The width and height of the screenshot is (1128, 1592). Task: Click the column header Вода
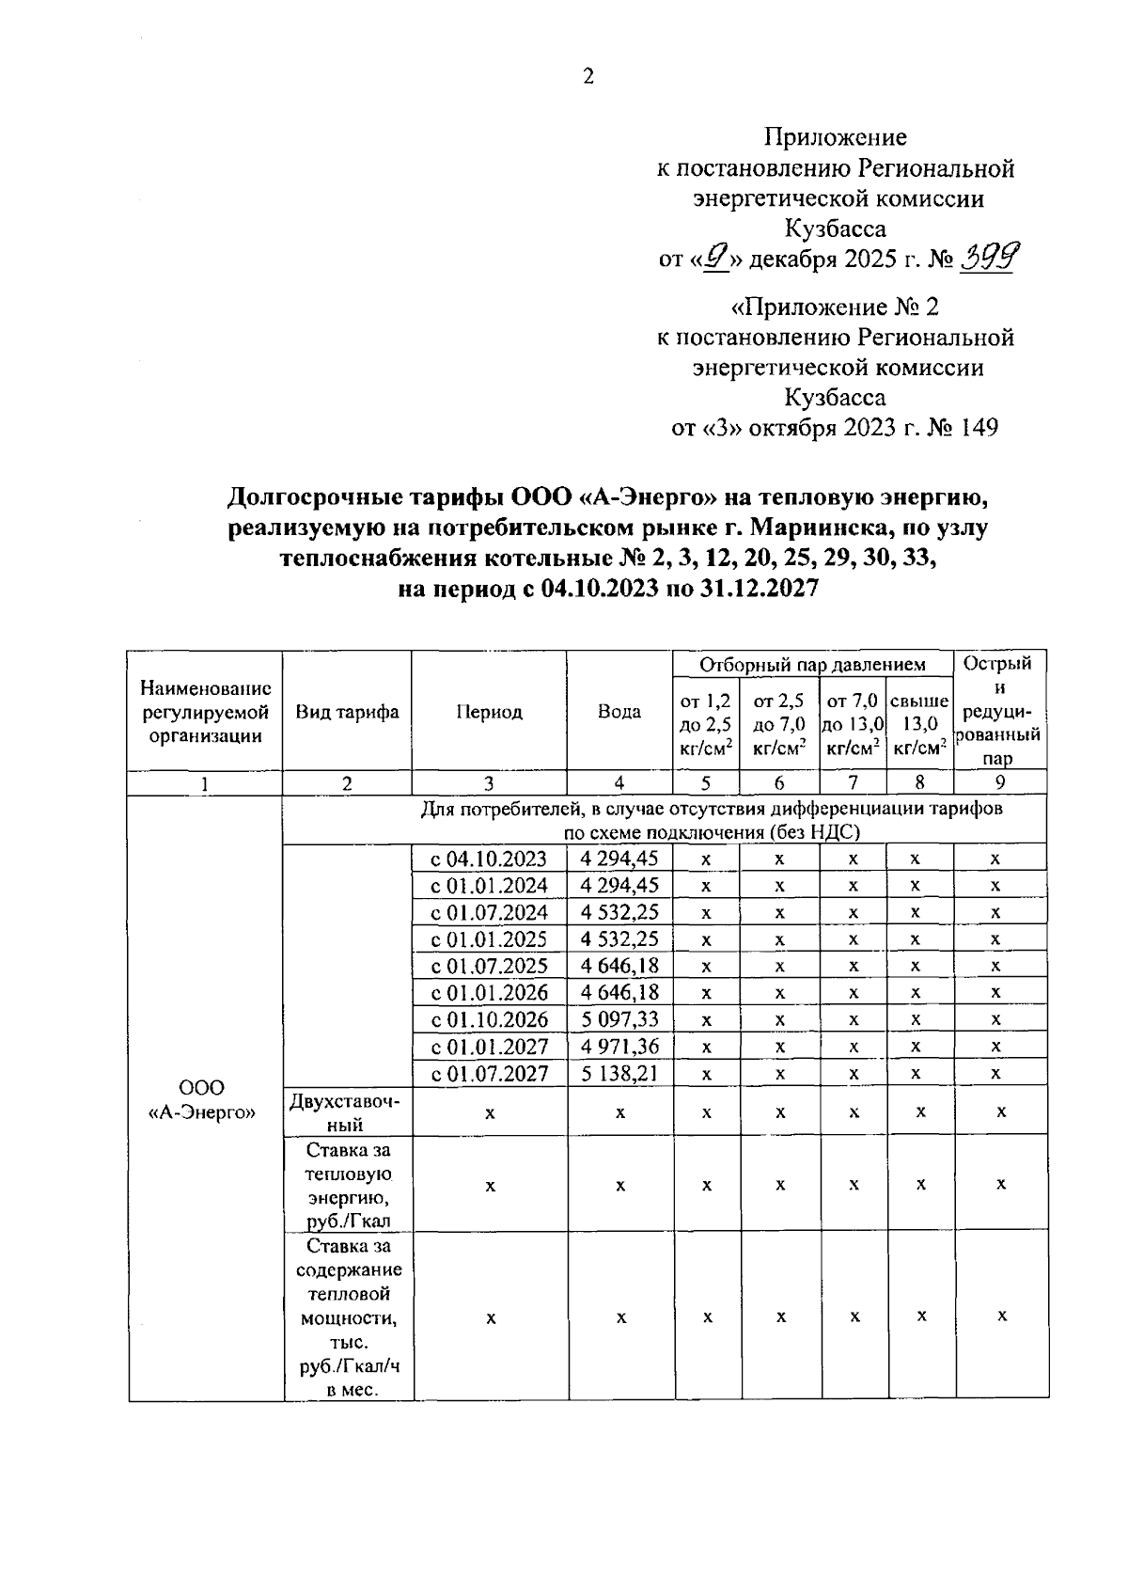[619, 712]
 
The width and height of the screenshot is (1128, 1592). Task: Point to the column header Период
[489, 712]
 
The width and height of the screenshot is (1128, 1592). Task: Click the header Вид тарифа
[347, 712]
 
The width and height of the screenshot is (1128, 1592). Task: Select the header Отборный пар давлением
[813, 664]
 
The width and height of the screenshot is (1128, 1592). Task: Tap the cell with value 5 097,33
[619, 1019]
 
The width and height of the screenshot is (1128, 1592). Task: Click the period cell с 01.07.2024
[489, 912]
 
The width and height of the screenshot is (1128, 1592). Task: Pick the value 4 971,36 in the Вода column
[619, 1046]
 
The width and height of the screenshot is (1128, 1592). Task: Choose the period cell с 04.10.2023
[489, 859]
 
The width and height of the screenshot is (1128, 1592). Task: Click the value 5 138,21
[619, 1073]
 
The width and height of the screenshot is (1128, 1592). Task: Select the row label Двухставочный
[347, 1111]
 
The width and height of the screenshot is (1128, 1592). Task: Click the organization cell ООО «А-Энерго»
[204, 1099]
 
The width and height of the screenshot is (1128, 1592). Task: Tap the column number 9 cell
[1000, 782]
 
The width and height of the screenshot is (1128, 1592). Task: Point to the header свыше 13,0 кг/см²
[919, 724]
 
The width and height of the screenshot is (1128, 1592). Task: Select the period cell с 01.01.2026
[489, 992]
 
